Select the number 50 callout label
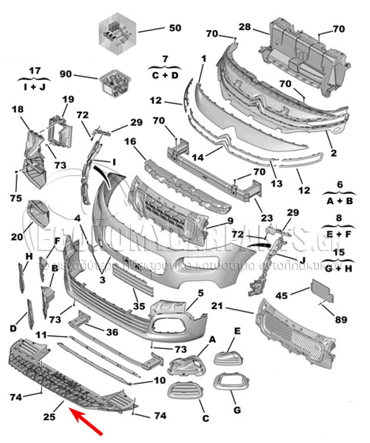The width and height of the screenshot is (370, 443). tap(175, 28)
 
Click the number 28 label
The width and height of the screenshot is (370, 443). tap(245, 27)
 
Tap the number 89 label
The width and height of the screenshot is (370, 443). tap(342, 318)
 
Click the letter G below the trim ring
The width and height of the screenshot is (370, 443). tap(237, 410)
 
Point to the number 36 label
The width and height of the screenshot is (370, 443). tap(113, 332)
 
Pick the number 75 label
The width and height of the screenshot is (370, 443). tap(16, 198)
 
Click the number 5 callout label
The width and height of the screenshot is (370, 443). tap(201, 293)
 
